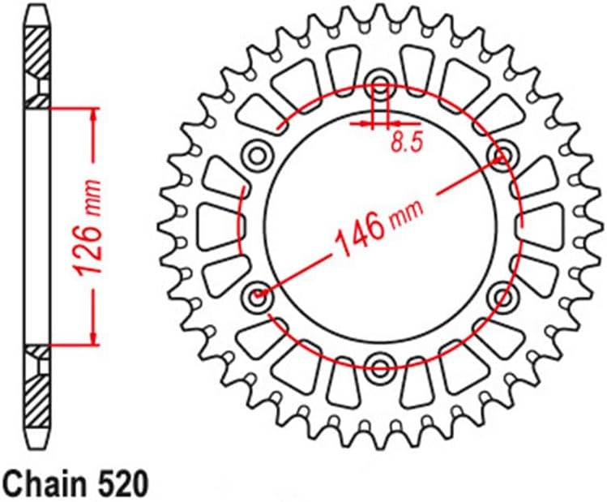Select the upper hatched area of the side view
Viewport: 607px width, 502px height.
37,61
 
